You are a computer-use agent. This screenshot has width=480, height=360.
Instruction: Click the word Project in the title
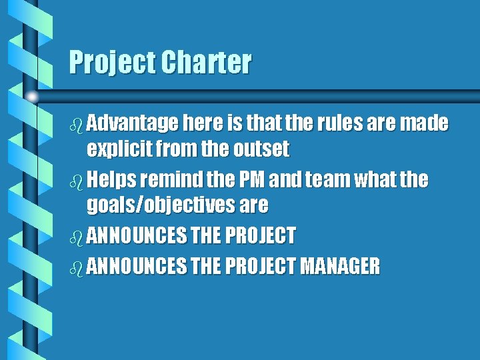(109, 63)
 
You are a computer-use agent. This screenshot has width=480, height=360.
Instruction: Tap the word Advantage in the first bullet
(132, 123)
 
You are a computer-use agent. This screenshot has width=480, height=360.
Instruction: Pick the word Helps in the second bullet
(111, 180)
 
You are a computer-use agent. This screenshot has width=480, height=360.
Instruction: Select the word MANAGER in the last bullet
(340, 267)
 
